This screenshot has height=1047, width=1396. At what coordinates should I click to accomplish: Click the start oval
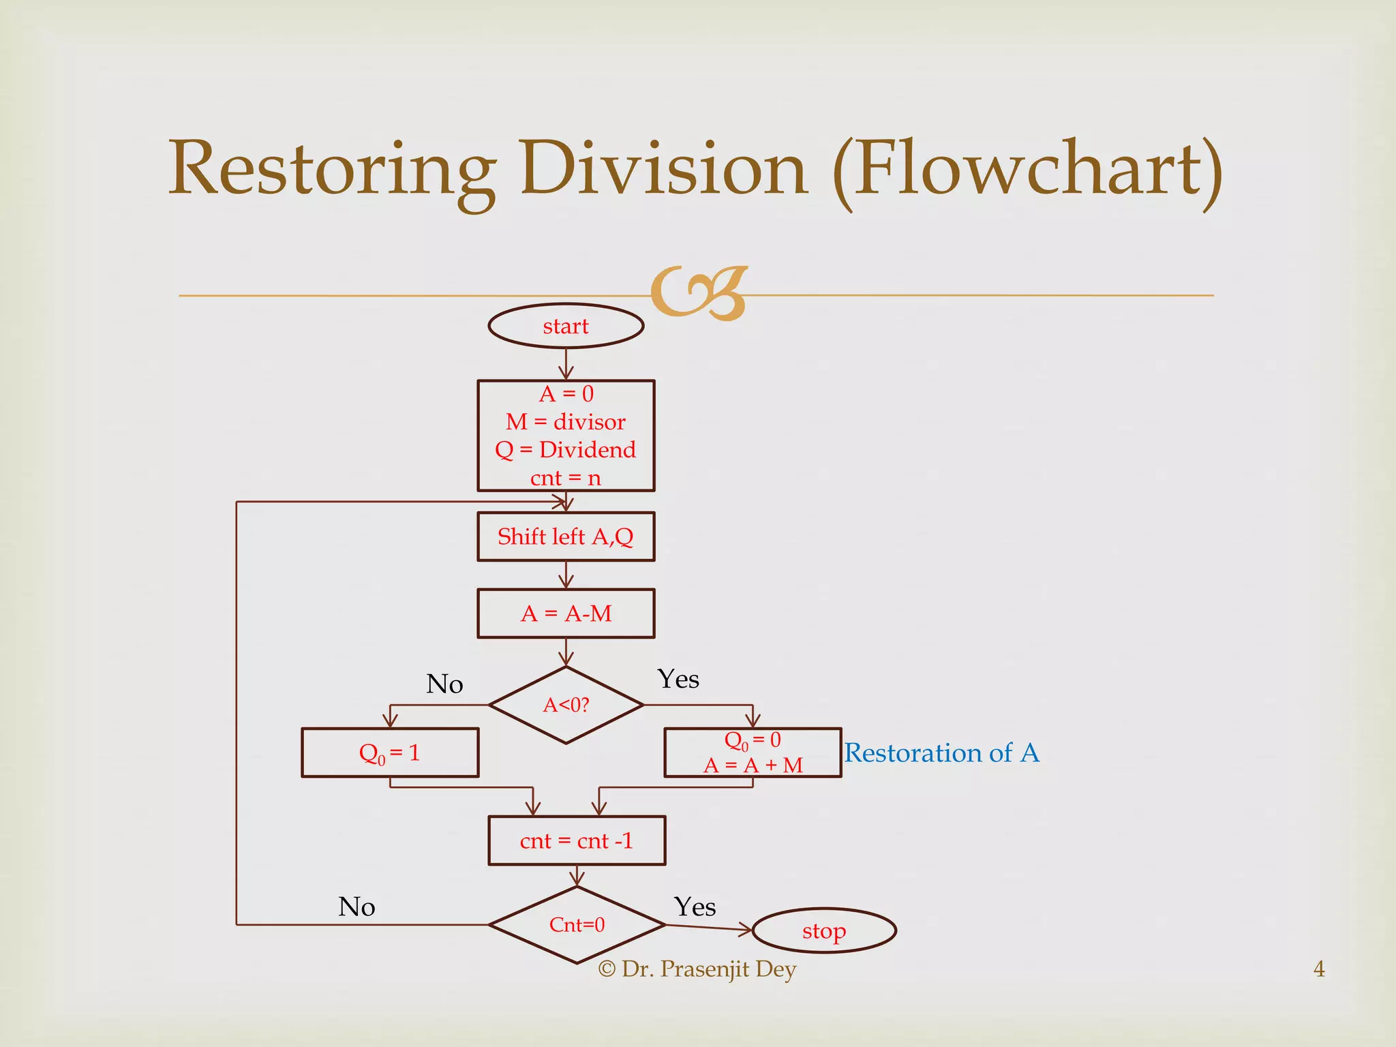pyautogui.click(x=566, y=326)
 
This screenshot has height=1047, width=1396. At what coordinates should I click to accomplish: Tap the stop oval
pyautogui.click(x=823, y=930)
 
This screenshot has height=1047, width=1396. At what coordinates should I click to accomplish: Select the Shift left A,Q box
pyautogui.click(x=566, y=536)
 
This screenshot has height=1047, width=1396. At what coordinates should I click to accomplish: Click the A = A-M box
pyautogui.click(x=566, y=613)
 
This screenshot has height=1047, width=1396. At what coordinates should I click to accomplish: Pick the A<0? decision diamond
pyautogui.click(x=566, y=705)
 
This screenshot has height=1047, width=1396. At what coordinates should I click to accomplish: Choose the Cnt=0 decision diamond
pyautogui.click(x=577, y=924)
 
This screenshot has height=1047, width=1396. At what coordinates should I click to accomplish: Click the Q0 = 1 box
pyautogui.click(x=390, y=753)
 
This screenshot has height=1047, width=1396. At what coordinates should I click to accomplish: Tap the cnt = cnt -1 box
pyautogui.click(x=577, y=840)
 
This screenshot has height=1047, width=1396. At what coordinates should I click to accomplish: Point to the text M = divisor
pyautogui.click(x=566, y=422)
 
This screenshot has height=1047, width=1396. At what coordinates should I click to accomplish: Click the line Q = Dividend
pyautogui.click(x=566, y=450)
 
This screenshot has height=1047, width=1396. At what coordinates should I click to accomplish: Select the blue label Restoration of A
pyautogui.click(x=942, y=753)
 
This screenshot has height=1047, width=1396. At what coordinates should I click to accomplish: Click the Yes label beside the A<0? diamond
pyautogui.click(x=678, y=679)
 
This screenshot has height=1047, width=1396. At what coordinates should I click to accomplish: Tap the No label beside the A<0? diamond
pyautogui.click(x=444, y=684)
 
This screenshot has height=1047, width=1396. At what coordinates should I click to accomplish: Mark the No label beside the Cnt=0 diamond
pyautogui.click(x=356, y=907)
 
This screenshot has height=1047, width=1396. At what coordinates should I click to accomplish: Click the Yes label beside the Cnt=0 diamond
pyautogui.click(x=695, y=907)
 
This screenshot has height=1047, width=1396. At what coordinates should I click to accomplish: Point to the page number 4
pyautogui.click(x=1319, y=969)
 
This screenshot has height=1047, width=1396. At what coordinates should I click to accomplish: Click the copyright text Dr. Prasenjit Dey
pyautogui.click(x=697, y=969)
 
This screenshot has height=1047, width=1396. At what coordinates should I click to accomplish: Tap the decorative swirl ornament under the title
pyautogui.click(x=699, y=293)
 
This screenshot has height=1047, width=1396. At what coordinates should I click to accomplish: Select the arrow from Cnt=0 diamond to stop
pyautogui.click(x=709, y=928)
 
